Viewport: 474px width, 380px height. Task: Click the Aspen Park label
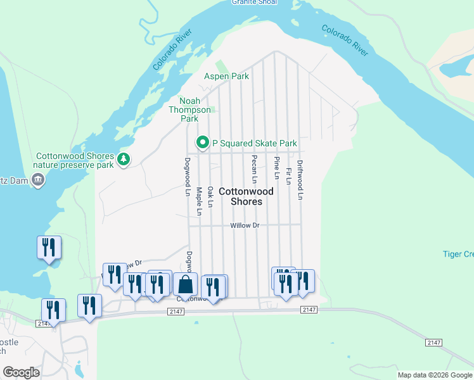[226, 76]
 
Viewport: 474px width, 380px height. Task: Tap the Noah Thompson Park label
[189, 110]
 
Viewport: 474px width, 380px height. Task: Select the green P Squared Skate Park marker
[203, 142]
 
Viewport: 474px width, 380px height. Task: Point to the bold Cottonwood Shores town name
[247, 196]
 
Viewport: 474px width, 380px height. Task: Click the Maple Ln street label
[199, 201]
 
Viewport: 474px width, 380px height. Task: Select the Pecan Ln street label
[254, 170]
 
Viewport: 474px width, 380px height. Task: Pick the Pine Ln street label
[276, 167]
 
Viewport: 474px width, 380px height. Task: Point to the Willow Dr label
[245, 225]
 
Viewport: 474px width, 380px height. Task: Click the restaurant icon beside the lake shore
[49, 247]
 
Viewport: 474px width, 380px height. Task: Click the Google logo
[21, 372]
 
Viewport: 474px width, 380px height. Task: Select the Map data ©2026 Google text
[434, 375]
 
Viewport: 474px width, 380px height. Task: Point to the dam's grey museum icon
[38, 180]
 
